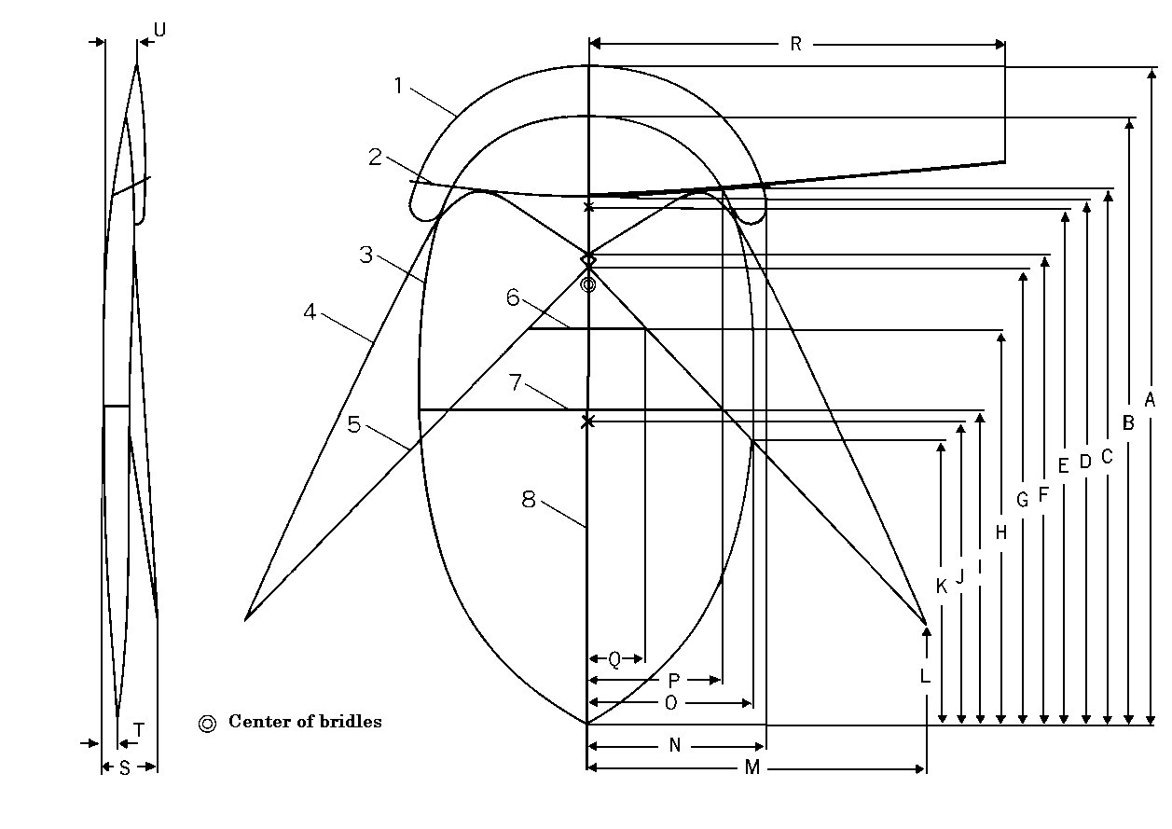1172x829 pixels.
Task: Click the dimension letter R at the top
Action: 795,44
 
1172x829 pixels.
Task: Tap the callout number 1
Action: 399,86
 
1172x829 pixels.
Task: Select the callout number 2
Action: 376,158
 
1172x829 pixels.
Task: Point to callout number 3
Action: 366,255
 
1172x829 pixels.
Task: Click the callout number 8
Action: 529,500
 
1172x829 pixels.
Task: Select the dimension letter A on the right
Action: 1150,400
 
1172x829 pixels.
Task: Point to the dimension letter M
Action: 753,767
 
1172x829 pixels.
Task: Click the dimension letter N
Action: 675,745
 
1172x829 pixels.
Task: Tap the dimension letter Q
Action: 614,660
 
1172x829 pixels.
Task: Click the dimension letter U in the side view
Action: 159,30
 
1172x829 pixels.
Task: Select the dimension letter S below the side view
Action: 124,767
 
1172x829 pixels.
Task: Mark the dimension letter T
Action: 139,731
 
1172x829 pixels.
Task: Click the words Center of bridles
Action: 305,722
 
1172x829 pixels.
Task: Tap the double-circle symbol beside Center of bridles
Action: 208,723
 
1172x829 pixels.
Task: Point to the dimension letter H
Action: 1001,533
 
